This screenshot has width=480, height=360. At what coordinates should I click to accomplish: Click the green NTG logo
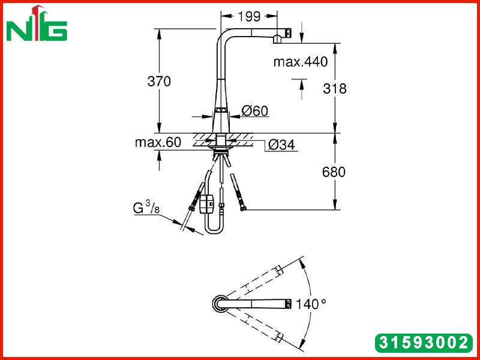(x=37, y=23)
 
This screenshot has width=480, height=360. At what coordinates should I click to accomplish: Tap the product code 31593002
(x=424, y=343)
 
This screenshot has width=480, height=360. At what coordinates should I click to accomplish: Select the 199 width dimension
(x=248, y=16)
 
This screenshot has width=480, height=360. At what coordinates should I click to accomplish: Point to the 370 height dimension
(x=159, y=82)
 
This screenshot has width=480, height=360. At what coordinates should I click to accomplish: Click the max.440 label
(x=301, y=62)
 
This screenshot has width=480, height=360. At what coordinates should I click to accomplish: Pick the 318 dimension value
(x=335, y=88)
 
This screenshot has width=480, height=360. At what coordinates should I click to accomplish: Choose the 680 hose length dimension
(x=334, y=172)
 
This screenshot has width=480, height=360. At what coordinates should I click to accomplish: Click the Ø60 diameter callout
(x=254, y=110)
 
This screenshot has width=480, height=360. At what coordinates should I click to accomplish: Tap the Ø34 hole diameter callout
(x=281, y=145)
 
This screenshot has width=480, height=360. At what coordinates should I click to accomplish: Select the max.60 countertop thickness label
(x=158, y=142)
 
